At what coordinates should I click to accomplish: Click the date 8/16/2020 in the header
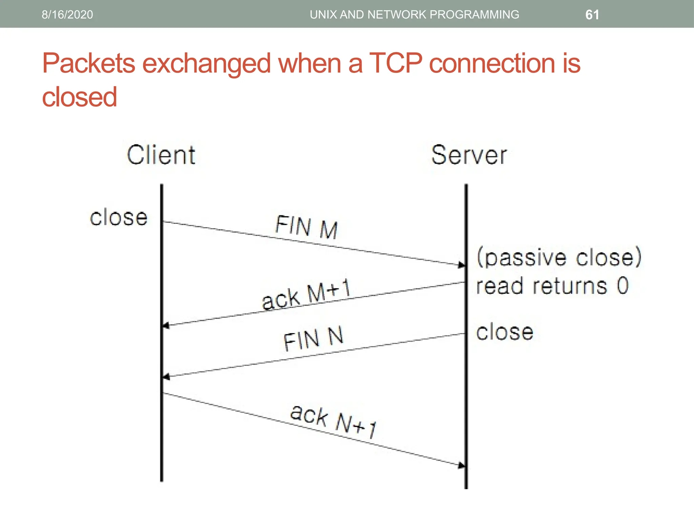point(67,15)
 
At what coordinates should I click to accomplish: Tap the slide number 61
point(592,15)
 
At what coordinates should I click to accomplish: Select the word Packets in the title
point(88,63)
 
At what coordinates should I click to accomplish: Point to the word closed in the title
point(79,97)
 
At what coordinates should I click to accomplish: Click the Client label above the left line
point(161,155)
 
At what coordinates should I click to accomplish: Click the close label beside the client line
point(119,217)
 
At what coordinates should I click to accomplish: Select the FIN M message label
point(306,227)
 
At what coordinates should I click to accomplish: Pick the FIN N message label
point(313,339)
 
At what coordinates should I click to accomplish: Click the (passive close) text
point(559,257)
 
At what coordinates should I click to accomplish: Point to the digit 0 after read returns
point(622,286)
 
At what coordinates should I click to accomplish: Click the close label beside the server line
point(505,332)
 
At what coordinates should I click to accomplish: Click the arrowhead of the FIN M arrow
point(461,265)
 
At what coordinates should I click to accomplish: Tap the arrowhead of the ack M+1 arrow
point(166,326)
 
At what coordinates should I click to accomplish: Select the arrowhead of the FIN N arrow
point(166,377)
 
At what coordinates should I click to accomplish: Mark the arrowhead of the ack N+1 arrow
point(461,465)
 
